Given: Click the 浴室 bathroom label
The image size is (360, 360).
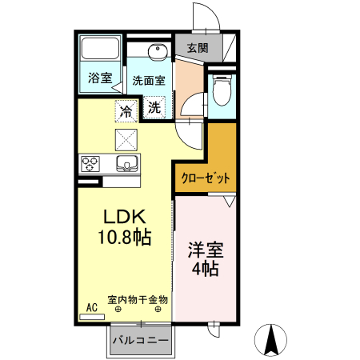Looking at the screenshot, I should pyautogui.click(x=99, y=79).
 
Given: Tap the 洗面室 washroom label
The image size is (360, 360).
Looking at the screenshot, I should pyautogui.click(x=149, y=80).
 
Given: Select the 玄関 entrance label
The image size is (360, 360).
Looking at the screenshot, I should pyautogui.click(x=198, y=48).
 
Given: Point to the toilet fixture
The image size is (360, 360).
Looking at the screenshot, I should pyautogui.click(x=221, y=90).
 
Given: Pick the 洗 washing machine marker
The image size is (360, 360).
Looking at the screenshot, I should pyautogui.click(x=154, y=106).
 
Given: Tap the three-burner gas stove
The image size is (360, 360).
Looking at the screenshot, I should pyautogui.click(x=90, y=165).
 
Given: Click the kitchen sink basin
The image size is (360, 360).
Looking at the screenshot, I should pyautogui.click(x=126, y=165).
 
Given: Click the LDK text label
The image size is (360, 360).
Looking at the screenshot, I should pyautogui.click(x=124, y=216).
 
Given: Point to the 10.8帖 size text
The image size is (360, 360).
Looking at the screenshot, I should pyautogui.click(x=126, y=237).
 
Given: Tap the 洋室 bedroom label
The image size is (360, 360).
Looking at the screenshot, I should pyautogui.click(x=204, y=249).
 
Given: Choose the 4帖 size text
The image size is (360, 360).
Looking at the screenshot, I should pyautogui.click(x=204, y=269).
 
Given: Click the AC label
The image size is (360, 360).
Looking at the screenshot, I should pyautogui.click(x=91, y=306).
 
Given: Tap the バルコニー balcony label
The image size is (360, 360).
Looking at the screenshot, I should pyautogui.click(x=140, y=341).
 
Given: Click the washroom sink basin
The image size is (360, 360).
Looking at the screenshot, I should pyautogui.click(x=157, y=54).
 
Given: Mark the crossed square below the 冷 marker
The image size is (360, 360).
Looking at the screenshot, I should pyautogui.click(x=126, y=139).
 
